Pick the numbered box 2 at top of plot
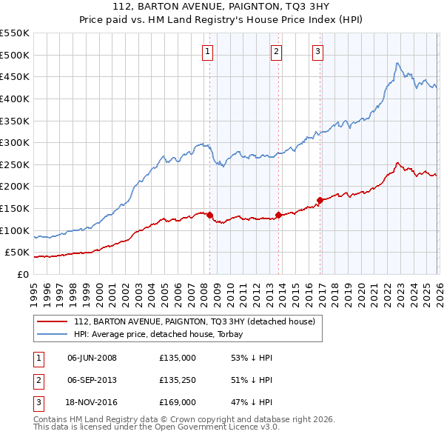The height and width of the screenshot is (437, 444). tap(276, 52)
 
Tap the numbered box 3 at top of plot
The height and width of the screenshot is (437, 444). tap(317, 52)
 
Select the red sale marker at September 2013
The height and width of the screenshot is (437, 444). tap(278, 215)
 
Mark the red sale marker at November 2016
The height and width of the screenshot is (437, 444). tap(320, 200)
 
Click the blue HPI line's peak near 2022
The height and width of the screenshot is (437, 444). tap(397, 64)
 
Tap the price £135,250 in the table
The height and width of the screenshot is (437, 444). tap(177, 380)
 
